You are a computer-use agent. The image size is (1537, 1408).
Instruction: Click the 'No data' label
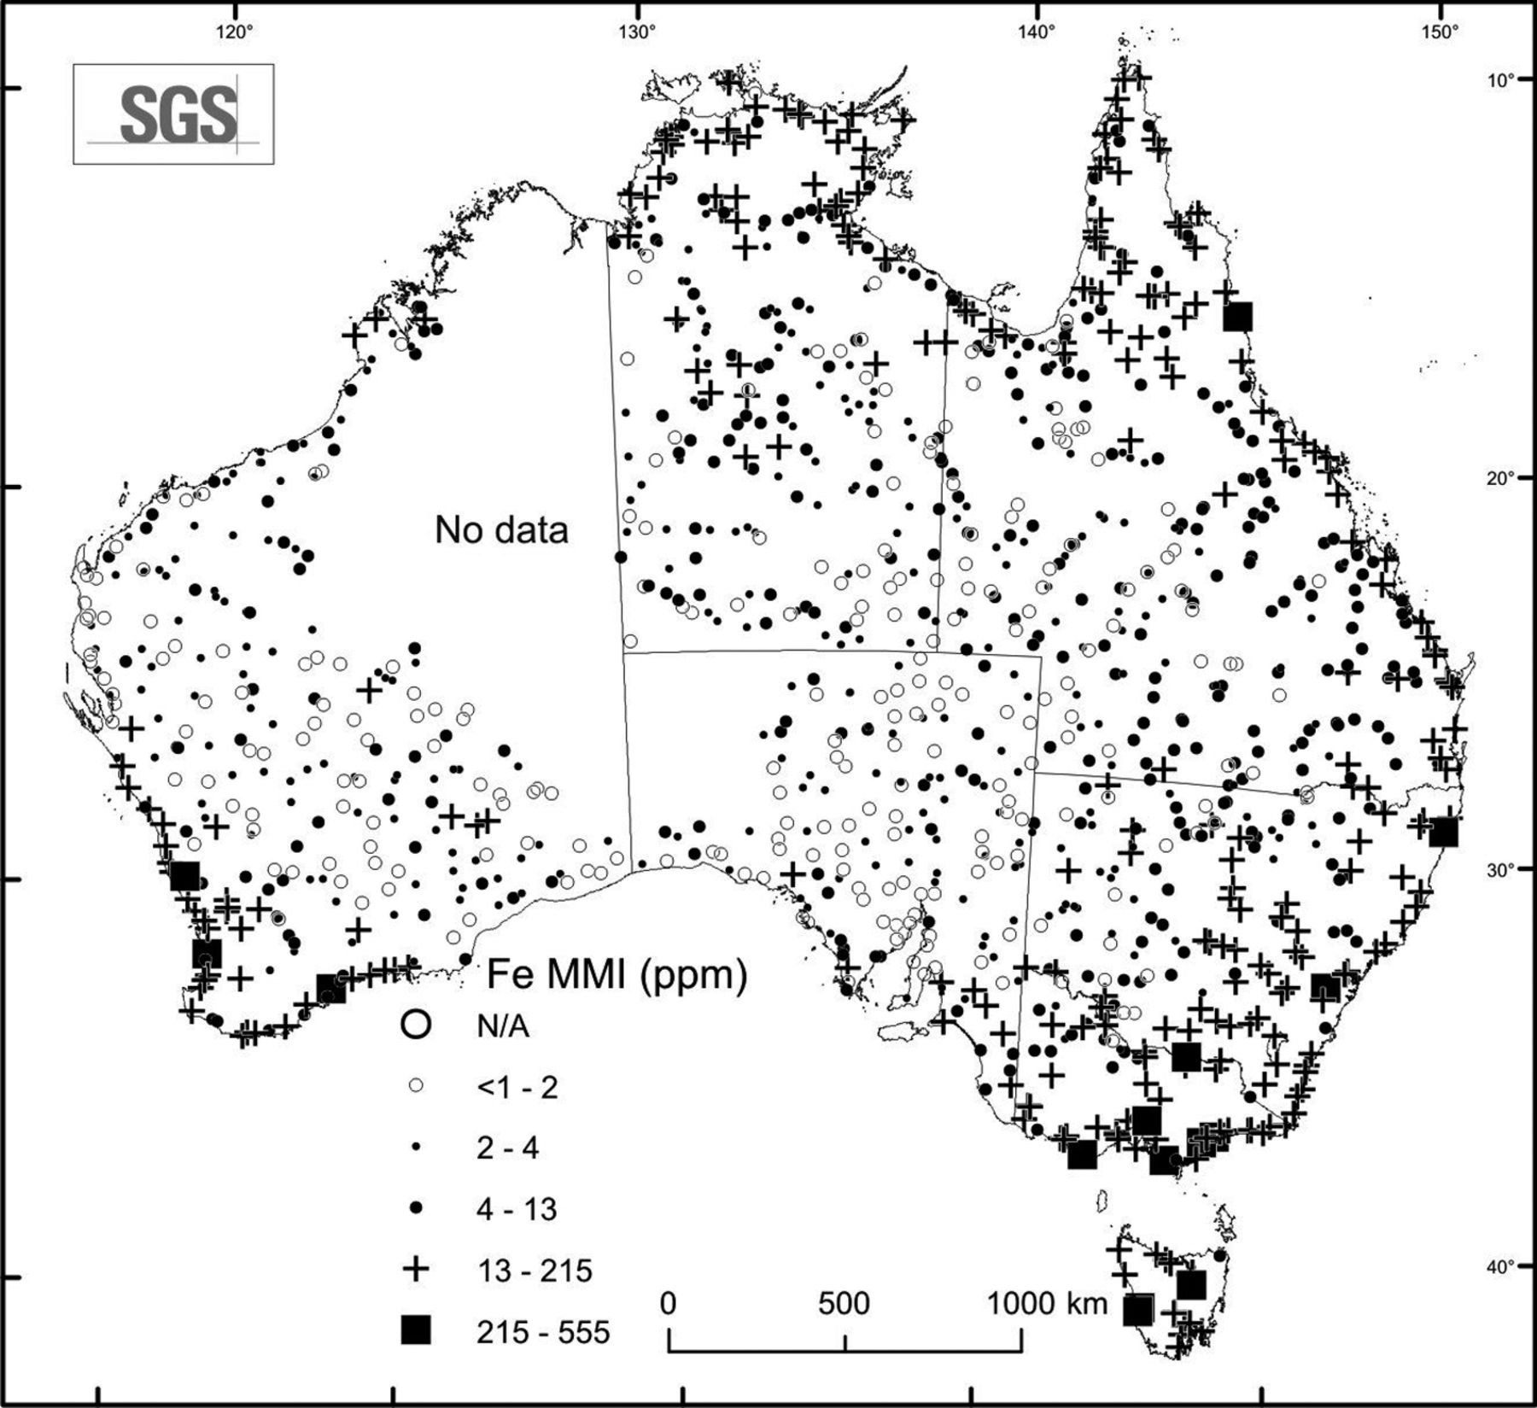tap(501, 530)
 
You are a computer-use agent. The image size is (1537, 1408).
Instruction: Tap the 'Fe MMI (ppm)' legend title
tap(617, 974)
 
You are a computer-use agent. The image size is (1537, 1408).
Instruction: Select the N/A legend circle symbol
tap(416, 1025)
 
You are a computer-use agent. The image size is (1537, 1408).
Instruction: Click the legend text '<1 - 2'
tap(517, 1088)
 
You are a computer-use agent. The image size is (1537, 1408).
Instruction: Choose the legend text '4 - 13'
tap(516, 1209)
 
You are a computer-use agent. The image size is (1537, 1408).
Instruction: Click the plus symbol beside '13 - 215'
tap(416, 1270)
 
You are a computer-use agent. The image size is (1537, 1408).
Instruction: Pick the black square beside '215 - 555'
tap(416, 1330)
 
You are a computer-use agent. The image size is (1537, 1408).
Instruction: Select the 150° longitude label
tap(1439, 32)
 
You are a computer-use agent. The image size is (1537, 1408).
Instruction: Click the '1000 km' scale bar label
tap(1048, 1303)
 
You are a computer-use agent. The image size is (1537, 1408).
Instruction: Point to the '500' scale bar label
tap(844, 1303)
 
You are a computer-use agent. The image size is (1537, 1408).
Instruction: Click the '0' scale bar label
tap(669, 1303)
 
